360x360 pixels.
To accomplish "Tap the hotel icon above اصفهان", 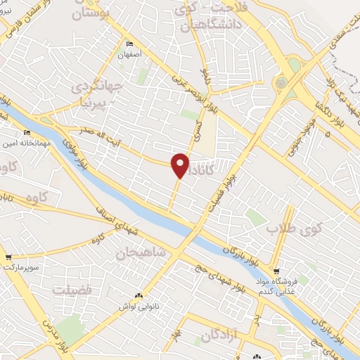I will click(x=129, y=44).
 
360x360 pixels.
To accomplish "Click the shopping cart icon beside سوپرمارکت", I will click(x=9, y=257).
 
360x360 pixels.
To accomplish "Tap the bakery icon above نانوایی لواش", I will click(x=139, y=295).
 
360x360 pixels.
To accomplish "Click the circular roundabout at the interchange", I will click(x=281, y=83).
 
